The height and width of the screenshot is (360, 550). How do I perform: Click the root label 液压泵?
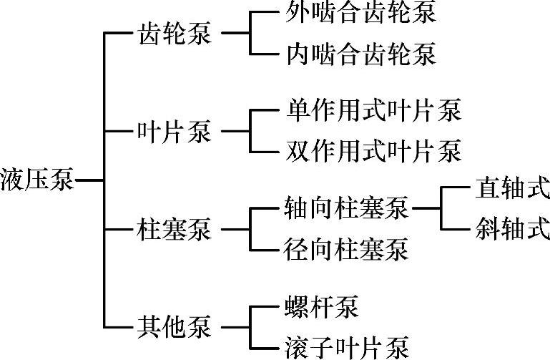point(37,179)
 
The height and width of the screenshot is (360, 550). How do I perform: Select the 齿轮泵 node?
point(174,34)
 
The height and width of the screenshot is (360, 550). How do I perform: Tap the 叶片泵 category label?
point(174,132)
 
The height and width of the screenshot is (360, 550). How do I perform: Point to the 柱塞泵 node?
point(174,230)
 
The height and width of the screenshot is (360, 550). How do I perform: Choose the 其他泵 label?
point(174,329)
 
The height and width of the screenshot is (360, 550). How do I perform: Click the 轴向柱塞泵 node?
point(345,210)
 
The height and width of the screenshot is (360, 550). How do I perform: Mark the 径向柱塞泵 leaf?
point(345,250)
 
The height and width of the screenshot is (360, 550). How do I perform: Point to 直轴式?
point(512,190)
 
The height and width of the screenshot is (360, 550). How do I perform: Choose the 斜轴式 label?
point(512,230)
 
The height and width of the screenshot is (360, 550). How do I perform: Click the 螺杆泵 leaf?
point(320,308)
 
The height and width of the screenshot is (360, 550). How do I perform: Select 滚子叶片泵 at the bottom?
point(345,349)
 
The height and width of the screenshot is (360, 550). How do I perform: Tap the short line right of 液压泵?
point(89,179)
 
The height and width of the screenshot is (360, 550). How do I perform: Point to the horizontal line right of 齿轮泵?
point(235,34)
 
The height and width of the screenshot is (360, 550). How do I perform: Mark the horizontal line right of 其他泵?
point(235,329)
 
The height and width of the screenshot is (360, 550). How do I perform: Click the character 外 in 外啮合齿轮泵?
point(295,13)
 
